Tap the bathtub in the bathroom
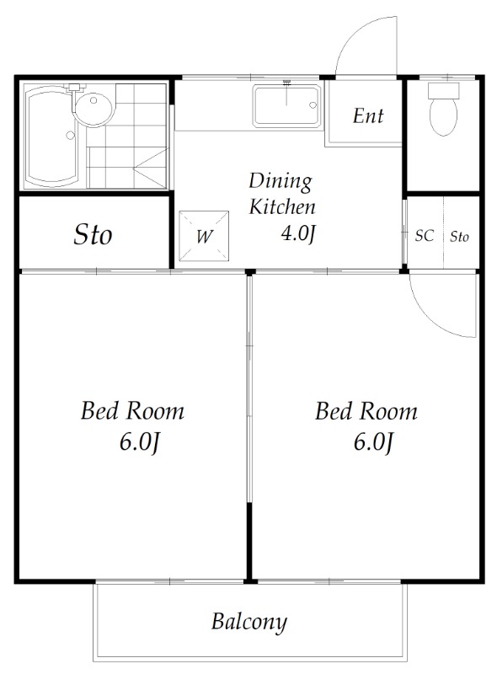[51, 136]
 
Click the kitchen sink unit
[286, 106]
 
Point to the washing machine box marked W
[204, 236]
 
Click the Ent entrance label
[368, 116]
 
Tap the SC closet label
[425, 236]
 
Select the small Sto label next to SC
[459, 237]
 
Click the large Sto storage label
[93, 235]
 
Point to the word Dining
[281, 182]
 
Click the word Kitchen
[282, 206]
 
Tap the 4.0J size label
[298, 234]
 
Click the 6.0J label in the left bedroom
[140, 441]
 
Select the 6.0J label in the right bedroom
[373, 441]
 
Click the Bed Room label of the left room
[132, 410]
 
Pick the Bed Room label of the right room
[366, 410]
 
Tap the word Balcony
[249, 622]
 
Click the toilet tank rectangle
[443, 90]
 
